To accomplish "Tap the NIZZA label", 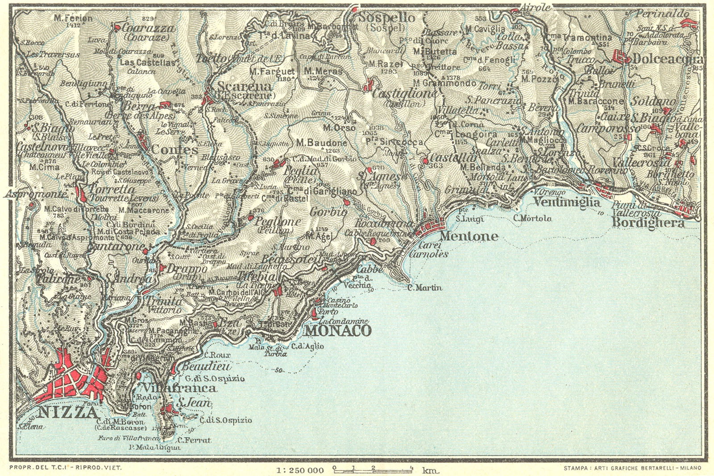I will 67,413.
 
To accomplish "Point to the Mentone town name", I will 469,236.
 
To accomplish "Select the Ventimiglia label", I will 567,202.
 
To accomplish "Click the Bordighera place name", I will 648,223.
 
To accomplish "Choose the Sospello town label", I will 387,18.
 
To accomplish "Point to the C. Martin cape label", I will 425,288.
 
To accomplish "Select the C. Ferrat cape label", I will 197,440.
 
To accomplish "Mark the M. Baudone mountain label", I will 321,143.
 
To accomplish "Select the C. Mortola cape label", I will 532,218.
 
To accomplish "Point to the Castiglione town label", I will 404,94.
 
